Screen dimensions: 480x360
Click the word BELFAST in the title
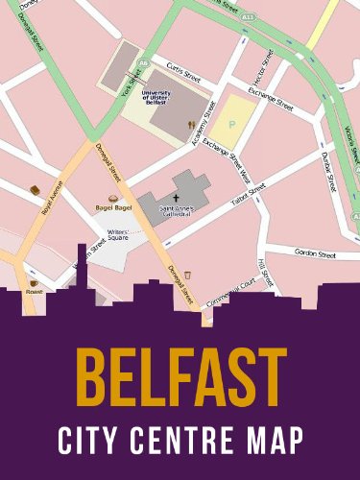pos(180,377)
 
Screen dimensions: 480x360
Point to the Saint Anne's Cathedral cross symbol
pos(177,195)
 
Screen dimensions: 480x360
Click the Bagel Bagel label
pos(113,207)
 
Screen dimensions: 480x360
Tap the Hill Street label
pos(265,274)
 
